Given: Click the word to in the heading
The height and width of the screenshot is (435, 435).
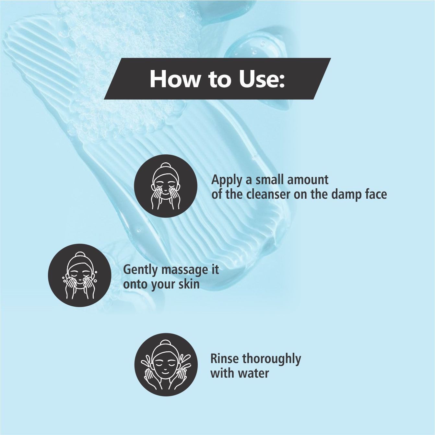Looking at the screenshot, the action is (220, 79).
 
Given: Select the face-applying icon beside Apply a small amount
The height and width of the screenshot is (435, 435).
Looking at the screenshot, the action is (166, 186).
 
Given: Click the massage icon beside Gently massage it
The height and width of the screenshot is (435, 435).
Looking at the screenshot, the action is (79, 275).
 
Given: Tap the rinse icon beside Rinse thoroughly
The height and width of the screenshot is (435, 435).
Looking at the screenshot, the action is (166, 365).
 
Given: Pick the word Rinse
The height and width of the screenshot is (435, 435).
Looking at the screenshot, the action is (224, 359).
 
